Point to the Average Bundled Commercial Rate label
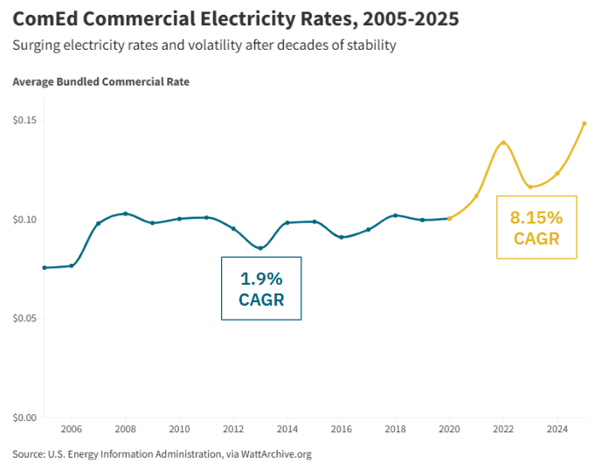(x=100, y=82)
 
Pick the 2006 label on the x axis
(x=71, y=430)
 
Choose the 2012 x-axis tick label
(x=233, y=430)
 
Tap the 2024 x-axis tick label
(x=557, y=430)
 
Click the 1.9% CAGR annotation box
(x=261, y=288)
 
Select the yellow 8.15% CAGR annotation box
(x=536, y=227)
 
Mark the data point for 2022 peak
(x=503, y=142)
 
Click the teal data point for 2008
(x=125, y=213)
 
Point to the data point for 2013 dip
(x=260, y=248)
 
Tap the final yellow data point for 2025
(x=584, y=123)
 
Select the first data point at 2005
(x=45, y=267)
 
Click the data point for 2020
(x=449, y=218)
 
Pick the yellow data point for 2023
(x=530, y=186)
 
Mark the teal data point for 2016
(x=342, y=237)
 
